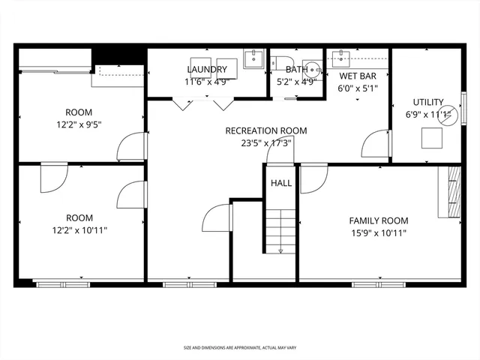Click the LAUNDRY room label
(206, 70)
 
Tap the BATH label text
(297, 70)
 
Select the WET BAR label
(358, 76)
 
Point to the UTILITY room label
(428, 102)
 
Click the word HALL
(281, 183)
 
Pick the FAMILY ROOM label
(379, 220)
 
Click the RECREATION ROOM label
(266, 130)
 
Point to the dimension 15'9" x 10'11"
(379, 232)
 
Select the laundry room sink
(253, 58)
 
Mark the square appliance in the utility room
(431, 139)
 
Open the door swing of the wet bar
(373, 145)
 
